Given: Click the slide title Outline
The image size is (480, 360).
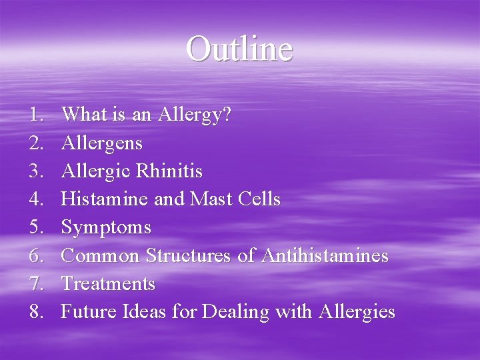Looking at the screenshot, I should pyautogui.click(x=239, y=49).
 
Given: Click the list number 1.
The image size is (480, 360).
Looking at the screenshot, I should pyautogui.click(x=36, y=115).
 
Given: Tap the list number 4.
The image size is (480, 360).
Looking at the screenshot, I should pyautogui.click(x=36, y=199).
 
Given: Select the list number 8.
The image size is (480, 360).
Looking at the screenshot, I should pyautogui.click(x=36, y=311).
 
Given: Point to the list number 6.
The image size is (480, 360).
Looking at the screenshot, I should pyautogui.click(x=36, y=255).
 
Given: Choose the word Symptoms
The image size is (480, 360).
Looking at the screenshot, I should pyautogui.click(x=106, y=228).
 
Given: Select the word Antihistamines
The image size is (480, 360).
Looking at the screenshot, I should pyautogui.click(x=325, y=255).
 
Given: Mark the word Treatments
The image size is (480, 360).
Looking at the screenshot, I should pyautogui.click(x=108, y=283).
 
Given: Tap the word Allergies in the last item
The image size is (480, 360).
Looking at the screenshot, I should pyautogui.click(x=357, y=312).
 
